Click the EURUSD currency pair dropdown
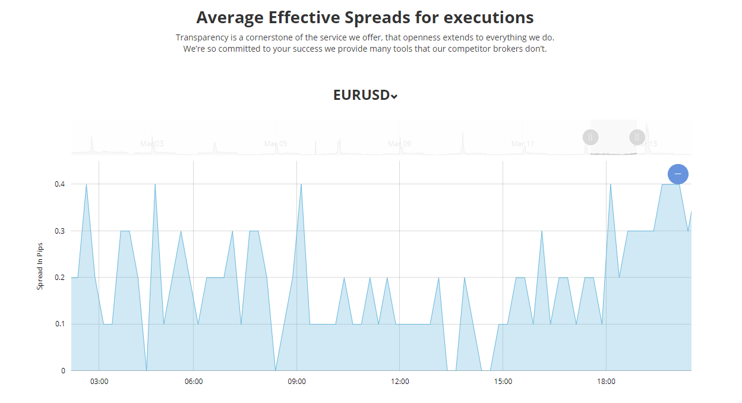point(365,95)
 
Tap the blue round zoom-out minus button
point(678,174)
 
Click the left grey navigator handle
point(591,137)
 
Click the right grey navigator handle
point(637,137)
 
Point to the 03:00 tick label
point(99,382)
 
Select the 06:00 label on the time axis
point(194,382)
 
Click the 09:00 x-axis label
point(296,382)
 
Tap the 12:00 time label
point(400,382)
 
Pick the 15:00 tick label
point(503,382)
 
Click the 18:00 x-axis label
point(606,382)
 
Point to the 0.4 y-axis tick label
point(59,184)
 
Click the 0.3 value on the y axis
point(59,231)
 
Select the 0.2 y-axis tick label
point(59,278)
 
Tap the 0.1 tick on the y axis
point(59,324)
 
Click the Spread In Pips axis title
point(40,266)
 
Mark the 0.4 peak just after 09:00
point(301,184)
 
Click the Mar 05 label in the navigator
point(276,144)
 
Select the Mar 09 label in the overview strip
point(399,144)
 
